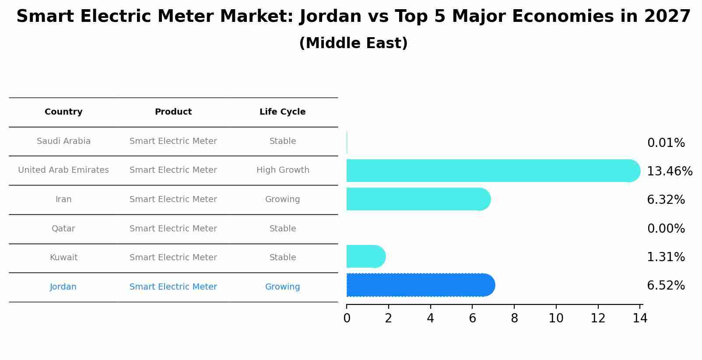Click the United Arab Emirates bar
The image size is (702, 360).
click(x=490, y=171)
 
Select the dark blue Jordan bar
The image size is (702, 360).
click(x=418, y=285)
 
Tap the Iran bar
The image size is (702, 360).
click(x=416, y=199)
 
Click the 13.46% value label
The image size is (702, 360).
click(x=669, y=171)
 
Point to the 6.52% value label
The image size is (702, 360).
click(x=666, y=286)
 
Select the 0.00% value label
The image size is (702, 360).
click(x=666, y=228)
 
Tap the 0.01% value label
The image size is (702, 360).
click(x=666, y=143)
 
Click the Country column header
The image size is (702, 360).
click(x=63, y=112)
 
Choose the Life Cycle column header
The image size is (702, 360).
click(x=282, y=112)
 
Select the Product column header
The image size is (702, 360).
click(x=173, y=112)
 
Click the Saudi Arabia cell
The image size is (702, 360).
click(x=63, y=141)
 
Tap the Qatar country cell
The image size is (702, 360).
click(x=63, y=228)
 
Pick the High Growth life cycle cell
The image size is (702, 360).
click(x=283, y=170)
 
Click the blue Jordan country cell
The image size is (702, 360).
click(x=63, y=287)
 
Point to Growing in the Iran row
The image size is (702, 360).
click(x=282, y=199)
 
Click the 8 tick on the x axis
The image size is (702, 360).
click(x=514, y=318)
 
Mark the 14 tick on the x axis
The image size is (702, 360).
click(x=640, y=318)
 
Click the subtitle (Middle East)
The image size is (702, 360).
click(x=353, y=43)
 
